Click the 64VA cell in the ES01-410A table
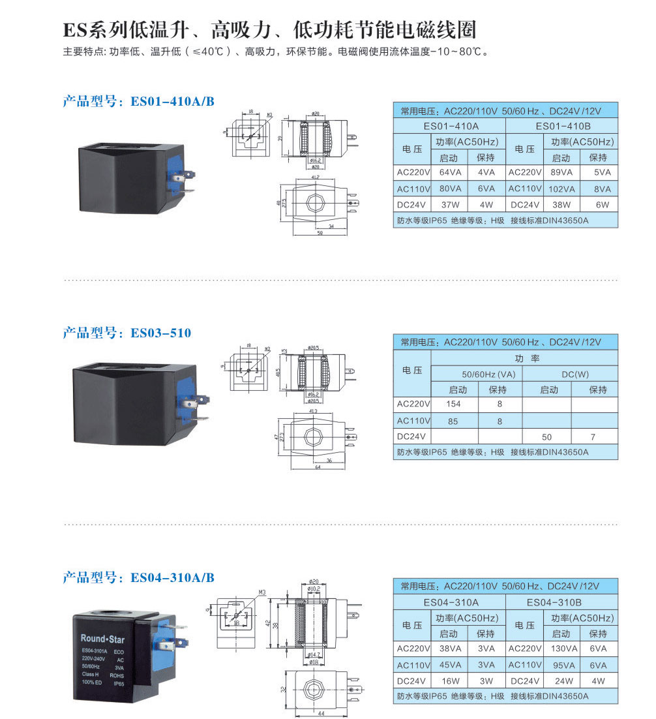(x=451, y=173)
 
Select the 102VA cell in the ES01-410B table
(x=560, y=189)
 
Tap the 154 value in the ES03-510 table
(x=453, y=405)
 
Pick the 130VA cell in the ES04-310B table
(x=560, y=649)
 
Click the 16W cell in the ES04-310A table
(x=451, y=681)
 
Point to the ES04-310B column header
(x=560, y=602)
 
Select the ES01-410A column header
(x=451, y=126)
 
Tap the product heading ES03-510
(x=127, y=333)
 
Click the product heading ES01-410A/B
(x=138, y=101)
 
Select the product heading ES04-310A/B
(x=138, y=577)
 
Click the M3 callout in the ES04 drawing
(x=263, y=592)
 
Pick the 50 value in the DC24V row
(x=546, y=436)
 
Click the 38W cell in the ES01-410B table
(x=560, y=205)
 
